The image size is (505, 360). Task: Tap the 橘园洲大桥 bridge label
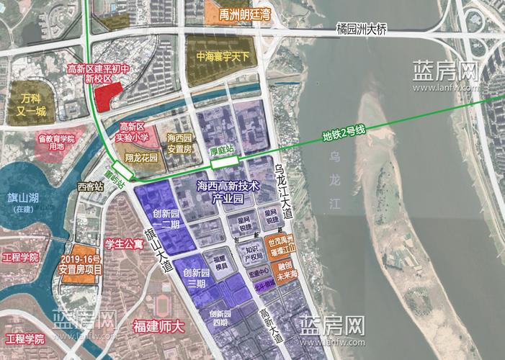point(363,30)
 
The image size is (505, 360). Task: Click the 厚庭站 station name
point(228,150)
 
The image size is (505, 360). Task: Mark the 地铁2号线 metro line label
point(344,131)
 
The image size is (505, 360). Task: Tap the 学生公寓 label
point(125,243)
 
